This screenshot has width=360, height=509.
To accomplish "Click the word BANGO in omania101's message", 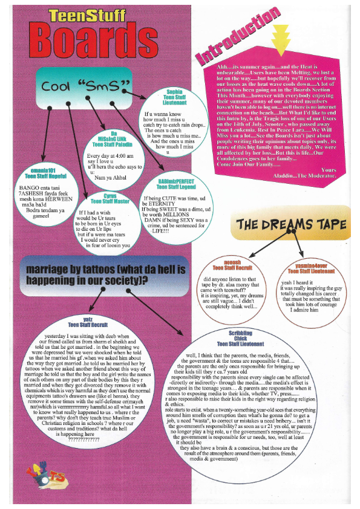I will pyautogui.click(x=22, y=188).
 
